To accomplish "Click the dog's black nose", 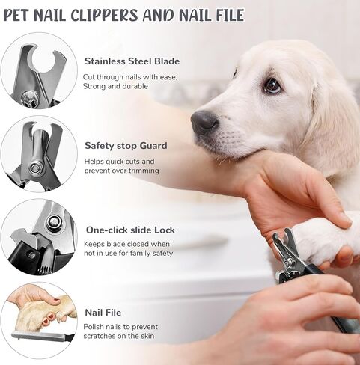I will click(x=204, y=121).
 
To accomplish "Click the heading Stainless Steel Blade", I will click(x=132, y=61).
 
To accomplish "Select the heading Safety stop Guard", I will click(x=126, y=146).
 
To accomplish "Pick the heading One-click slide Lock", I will click(x=130, y=230).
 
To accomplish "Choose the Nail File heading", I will click(x=103, y=313).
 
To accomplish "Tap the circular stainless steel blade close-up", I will click(x=38, y=71).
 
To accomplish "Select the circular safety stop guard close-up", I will click(x=38, y=154).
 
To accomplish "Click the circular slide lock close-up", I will click(x=38, y=237).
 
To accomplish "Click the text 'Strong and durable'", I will click(x=116, y=87).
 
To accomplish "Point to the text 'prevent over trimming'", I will click(x=122, y=171).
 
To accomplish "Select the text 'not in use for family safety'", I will click(x=129, y=254).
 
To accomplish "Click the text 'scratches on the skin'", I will click(x=121, y=337).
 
